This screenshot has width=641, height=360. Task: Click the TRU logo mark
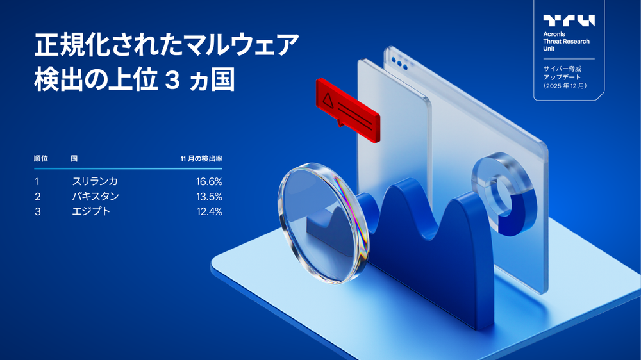[569, 20]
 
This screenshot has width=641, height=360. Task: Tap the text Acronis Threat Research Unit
[566, 42]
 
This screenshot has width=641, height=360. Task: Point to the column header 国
[74, 158]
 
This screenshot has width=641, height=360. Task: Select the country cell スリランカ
[95, 181]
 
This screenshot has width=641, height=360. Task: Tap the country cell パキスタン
[95, 196]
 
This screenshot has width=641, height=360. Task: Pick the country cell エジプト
[91, 211]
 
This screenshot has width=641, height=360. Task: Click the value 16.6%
[209, 181]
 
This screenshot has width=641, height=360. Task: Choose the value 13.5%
[209, 196]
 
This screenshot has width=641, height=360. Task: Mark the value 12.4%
[209, 211]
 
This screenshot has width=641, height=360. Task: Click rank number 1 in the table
[37, 181]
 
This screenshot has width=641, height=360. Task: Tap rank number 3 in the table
[38, 211]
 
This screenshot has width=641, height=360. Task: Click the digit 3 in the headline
[171, 82]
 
